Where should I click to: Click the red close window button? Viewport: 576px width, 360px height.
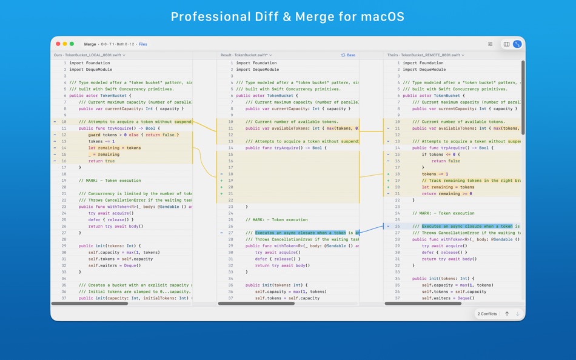[x=58, y=44]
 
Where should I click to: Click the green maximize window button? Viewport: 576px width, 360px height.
[x=72, y=44]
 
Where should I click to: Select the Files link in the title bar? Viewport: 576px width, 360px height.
[x=143, y=44]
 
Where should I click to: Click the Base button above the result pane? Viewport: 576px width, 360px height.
[x=348, y=55]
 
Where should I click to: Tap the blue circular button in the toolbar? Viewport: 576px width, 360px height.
[x=517, y=44]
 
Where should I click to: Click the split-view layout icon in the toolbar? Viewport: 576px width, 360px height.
[x=506, y=44]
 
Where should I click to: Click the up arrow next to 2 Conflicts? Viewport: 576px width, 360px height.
[x=507, y=314]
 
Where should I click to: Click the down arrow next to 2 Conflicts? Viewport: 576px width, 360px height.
[x=517, y=314]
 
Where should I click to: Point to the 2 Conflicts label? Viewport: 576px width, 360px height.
[x=487, y=314]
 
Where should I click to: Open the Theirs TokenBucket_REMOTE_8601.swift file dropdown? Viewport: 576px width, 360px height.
[x=426, y=55]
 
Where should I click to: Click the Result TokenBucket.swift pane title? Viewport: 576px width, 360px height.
[x=246, y=55]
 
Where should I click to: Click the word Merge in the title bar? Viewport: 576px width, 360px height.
[x=90, y=44]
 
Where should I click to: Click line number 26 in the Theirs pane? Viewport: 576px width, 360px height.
[x=397, y=226]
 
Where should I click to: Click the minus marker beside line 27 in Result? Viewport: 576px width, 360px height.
[x=221, y=233]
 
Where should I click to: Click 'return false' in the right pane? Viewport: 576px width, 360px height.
[x=446, y=161]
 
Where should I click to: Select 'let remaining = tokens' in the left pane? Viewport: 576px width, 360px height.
[x=114, y=148]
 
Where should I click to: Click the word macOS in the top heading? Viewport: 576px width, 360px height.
[x=383, y=16]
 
